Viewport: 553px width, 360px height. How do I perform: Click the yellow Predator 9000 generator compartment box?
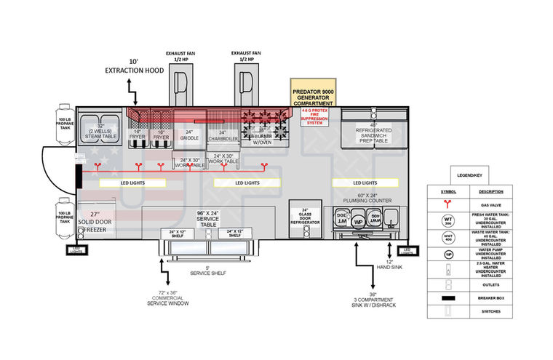pyautogui.click(x=313, y=93)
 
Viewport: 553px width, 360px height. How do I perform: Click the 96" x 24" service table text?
pyautogui.click(x=208, y=219)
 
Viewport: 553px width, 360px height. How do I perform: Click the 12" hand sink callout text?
pyautogui.click(x=391, y=266)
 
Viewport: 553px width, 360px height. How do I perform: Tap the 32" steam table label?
pyautogui.click(x=100, y=131)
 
